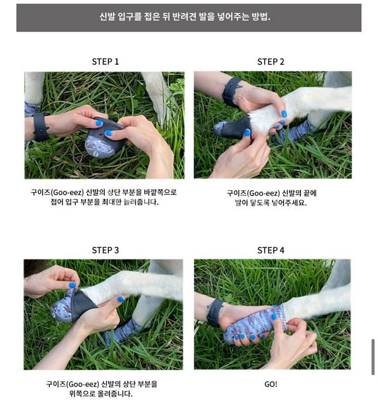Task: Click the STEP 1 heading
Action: [105, 62]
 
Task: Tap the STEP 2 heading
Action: [271, 62]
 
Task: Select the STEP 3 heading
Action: [105, 250]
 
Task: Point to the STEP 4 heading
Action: [271, 250]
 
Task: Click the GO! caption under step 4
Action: [271, 384]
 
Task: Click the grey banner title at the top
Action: [185, 17]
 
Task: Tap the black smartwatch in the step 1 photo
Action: [41, 127]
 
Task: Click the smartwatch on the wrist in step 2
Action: [231, 92]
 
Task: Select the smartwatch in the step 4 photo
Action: [215, 313]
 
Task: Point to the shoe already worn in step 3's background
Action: [121, 332]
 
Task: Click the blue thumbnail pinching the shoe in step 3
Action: [72, 285]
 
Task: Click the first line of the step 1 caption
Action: [104, 193]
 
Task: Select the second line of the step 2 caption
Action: [271, 203]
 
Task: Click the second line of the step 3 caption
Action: [101, 394]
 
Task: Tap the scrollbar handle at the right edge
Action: [373, 357]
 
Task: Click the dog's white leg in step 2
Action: [299, 108]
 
